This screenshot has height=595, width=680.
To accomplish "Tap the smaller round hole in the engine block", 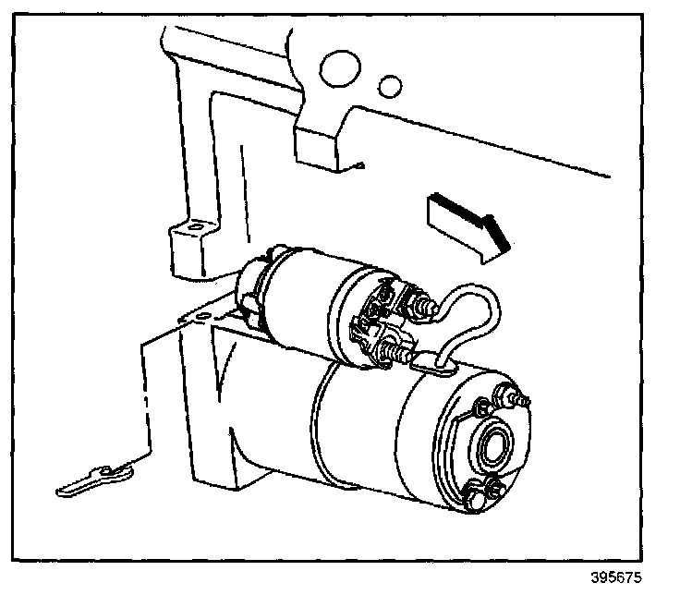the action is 392,86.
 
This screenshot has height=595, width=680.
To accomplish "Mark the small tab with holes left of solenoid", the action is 194,316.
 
